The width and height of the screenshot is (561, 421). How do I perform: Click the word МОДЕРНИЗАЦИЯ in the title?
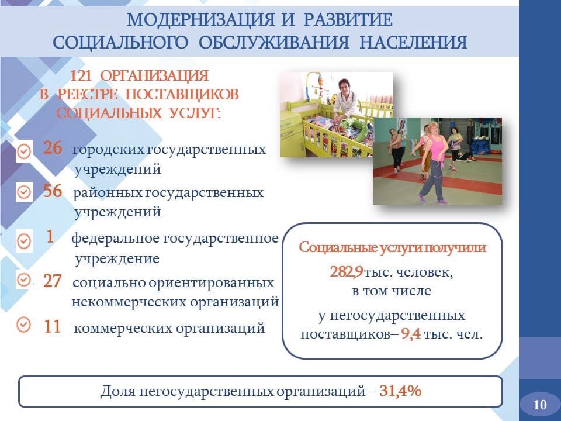point(200,19)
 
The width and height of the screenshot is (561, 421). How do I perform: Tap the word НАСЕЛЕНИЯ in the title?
point(413,42)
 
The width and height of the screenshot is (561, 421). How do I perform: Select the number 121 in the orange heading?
point(81,76)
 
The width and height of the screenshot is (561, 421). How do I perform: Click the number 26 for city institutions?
point(52,147)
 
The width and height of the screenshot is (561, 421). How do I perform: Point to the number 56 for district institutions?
point(52,191)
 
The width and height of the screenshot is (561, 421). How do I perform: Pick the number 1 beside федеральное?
point(50,236)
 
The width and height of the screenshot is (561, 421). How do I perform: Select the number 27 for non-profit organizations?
point(52,281)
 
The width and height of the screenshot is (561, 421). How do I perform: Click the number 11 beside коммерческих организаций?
point(52,326)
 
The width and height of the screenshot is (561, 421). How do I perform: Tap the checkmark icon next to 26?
point(24,152)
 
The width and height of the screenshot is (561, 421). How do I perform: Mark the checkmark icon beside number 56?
point(24,192)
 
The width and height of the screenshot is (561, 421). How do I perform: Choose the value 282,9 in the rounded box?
point(347,272)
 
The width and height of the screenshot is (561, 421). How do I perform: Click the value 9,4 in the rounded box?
point(410,334)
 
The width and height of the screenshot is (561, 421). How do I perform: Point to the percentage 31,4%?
point(400,391)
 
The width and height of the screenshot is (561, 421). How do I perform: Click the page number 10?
point(540,405)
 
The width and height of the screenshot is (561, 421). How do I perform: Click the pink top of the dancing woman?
point(437,147)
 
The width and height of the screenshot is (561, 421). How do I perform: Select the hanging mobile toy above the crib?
point(317,85)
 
